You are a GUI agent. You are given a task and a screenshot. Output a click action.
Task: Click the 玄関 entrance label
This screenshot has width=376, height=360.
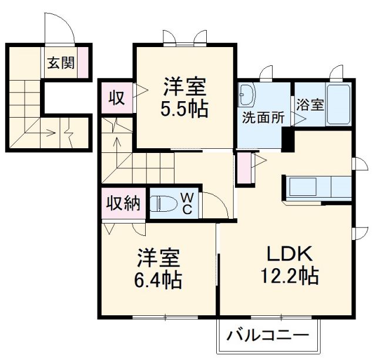point(61,63)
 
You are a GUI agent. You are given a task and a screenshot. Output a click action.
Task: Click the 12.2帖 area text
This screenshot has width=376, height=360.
point(289,275)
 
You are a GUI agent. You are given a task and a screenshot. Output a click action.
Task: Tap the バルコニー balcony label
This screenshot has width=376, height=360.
point(268,338)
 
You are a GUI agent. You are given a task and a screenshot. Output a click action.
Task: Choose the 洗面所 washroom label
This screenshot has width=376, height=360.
point(263,117)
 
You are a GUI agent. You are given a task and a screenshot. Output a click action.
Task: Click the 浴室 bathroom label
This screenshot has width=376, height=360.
point(310,105)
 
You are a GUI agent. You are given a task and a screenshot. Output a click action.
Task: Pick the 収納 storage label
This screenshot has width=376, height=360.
point(123,203)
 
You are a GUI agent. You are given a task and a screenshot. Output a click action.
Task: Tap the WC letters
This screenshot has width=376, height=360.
point(186,204)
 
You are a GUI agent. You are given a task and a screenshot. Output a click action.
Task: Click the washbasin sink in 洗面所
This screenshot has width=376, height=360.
point(246,94)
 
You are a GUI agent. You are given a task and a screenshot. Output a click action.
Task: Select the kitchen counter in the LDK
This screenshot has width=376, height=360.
point(317,187)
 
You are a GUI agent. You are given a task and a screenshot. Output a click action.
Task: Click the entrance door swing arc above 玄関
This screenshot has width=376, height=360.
point(61,28)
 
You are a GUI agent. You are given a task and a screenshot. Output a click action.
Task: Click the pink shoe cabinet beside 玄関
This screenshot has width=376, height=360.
point(83,62)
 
